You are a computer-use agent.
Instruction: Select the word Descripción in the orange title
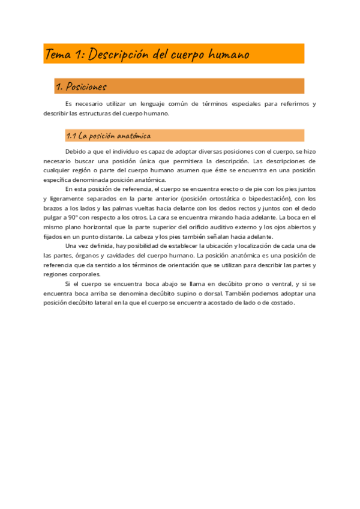coord(118,55)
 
